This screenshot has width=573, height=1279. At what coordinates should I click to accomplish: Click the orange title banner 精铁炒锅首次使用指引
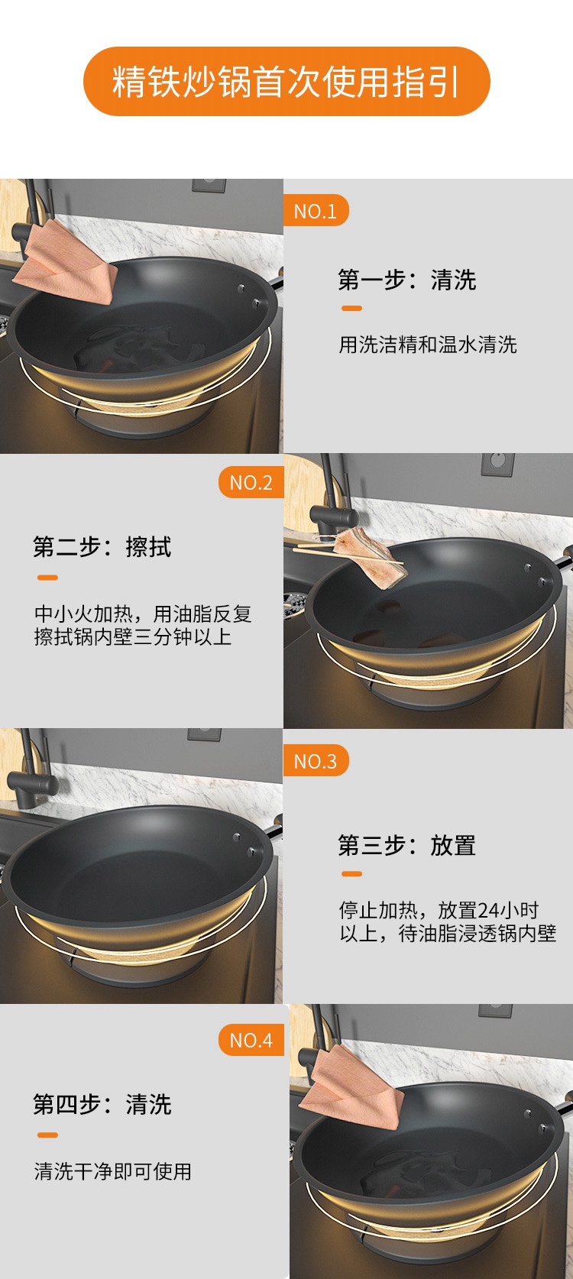286,81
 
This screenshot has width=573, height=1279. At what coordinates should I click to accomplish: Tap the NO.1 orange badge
316,211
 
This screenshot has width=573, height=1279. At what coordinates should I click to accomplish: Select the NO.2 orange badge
251,482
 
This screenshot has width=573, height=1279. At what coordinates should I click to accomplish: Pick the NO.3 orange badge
316,760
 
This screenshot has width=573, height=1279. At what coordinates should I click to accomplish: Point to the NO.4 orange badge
251,1040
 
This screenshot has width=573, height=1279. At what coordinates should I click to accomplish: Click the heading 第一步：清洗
407,280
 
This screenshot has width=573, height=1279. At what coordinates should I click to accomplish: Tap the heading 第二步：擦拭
102,546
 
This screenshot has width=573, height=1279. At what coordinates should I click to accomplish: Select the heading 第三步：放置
407,845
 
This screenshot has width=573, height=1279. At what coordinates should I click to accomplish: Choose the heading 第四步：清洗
102,1104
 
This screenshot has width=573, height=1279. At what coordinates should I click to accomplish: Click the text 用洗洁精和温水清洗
428,345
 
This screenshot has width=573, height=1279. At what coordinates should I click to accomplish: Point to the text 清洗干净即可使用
113,1171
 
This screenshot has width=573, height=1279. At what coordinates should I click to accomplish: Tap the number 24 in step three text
488,909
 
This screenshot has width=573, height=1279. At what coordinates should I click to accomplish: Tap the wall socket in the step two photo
497,465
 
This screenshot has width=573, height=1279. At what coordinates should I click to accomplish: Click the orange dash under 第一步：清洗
351,309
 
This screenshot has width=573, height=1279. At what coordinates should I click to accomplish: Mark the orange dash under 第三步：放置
351,873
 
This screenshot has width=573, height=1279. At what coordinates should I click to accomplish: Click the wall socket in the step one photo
209,185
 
